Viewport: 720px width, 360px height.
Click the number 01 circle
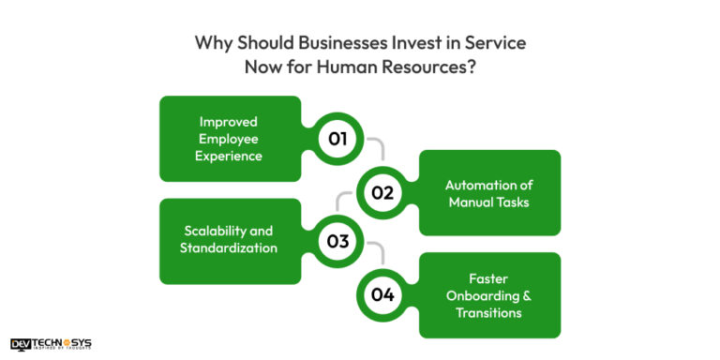(337, 139)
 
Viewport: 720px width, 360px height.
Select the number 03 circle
(337, 242)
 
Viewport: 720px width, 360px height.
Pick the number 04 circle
(382, 294)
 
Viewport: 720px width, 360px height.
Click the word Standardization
(231, 249)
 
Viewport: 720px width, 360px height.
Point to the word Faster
(487, 278)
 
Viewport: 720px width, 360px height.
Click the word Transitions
(488, 312)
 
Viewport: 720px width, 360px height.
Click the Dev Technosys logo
(51, 344)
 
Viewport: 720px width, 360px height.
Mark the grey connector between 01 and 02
(378, 148)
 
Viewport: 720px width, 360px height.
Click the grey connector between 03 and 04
(378, 251)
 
